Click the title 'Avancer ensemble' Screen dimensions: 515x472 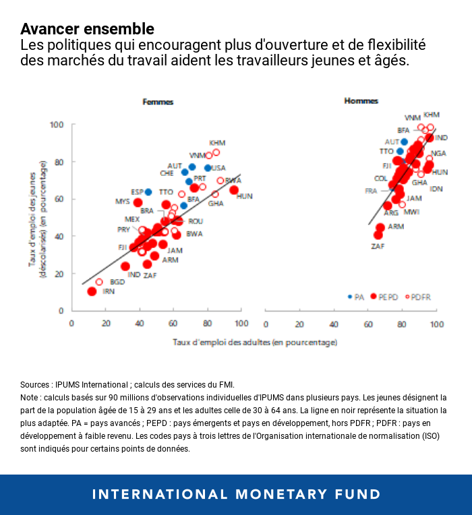tap(87, 29)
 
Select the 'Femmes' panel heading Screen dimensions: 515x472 tap(158, 102)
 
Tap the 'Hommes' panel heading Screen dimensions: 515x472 tap(361, 101)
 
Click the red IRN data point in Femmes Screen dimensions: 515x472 tap(92, 291)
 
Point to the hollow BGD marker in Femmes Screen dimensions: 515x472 tap(99, 282)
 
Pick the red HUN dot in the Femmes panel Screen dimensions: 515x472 tap(234, 190)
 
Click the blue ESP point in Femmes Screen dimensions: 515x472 tap(148, 192)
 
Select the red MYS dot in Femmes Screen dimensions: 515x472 tap(138, 202)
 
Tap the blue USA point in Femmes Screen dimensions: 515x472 tap(208, 168)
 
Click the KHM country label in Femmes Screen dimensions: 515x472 tap(217, 143)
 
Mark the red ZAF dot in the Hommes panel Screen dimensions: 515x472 tap(378, 235)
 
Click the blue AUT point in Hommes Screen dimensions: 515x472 tap(404, 142)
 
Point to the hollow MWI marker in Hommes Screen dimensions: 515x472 tap(402, 204)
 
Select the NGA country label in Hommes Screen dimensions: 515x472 tap(438, 154)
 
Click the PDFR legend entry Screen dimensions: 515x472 tap(419, 296)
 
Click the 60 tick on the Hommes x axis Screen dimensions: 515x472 tap(367, 324)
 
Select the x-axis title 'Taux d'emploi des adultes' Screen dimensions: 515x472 tap(254, 342)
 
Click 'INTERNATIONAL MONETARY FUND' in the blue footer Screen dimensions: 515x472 tap(236, 494)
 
